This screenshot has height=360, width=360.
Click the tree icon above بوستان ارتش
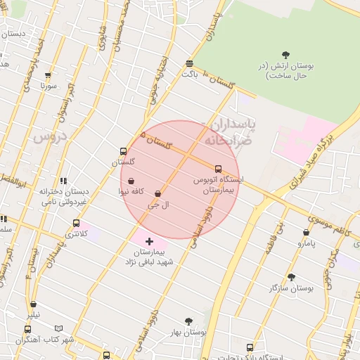pos(285,55)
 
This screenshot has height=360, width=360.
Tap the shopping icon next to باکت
pos(188,63)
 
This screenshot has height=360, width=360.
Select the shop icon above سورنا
pos(48,76)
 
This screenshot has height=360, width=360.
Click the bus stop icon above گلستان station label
pos(123,151)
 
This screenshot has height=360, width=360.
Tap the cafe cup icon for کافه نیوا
pos(131,181)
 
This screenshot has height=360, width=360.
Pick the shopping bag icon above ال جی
pos(157,193)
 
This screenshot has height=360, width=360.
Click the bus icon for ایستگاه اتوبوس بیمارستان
pos(218,169)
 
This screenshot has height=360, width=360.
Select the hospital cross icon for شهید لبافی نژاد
pos(149,241)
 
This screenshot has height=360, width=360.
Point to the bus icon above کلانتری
pos(76,224)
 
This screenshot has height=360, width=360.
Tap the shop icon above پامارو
pos(306,233)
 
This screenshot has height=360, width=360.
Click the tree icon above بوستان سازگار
pos(291,277)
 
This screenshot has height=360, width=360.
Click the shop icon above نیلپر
pos(34,304)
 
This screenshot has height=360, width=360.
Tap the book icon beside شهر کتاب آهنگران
pos(58,328)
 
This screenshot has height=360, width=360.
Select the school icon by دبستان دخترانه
pos(63,181)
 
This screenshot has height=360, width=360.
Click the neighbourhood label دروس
pos(49,136)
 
